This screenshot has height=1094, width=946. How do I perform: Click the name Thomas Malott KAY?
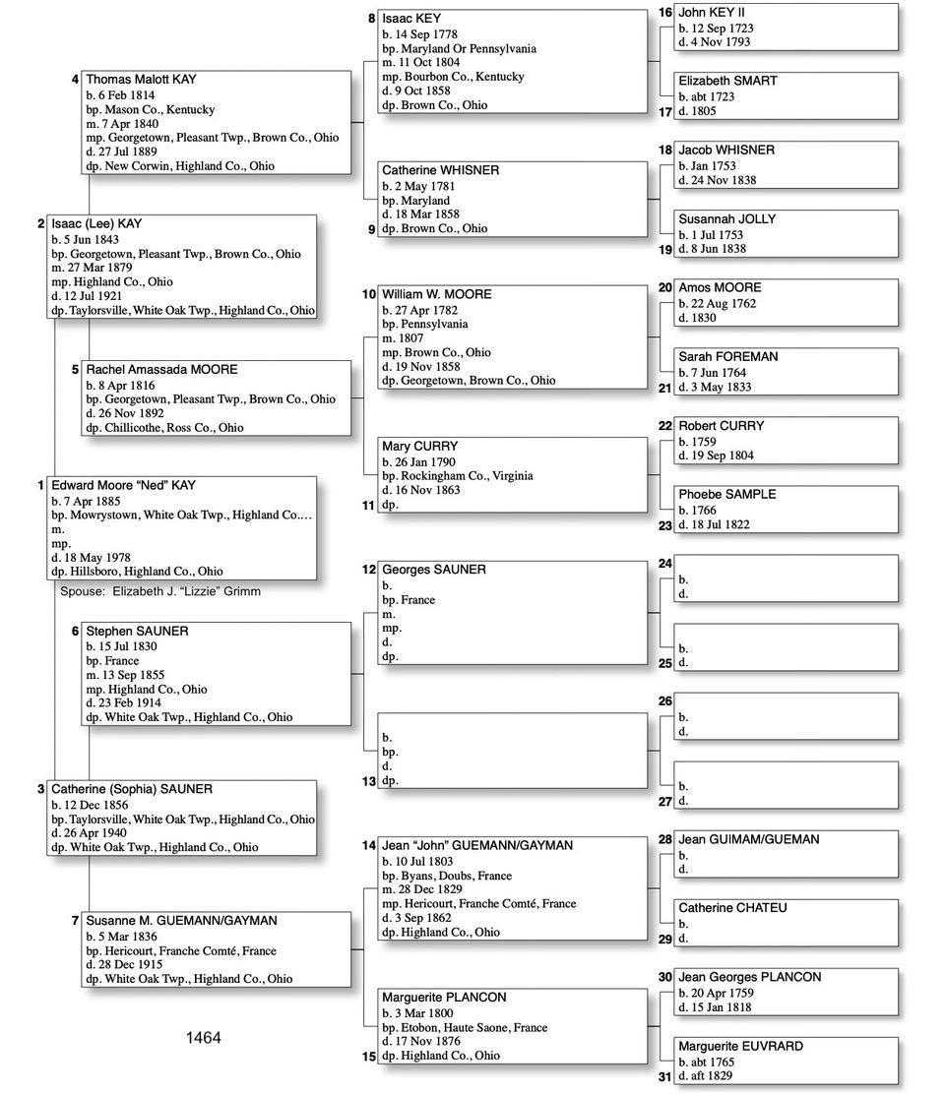coord(141,80)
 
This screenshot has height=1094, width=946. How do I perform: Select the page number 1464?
coord(203,1038)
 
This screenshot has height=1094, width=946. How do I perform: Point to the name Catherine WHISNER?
coord(440,170)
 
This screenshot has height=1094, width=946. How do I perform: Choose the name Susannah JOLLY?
coord(726,219)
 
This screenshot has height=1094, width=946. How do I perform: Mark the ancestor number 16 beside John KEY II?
coord(664,13)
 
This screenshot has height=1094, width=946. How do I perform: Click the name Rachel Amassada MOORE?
coord(161,370)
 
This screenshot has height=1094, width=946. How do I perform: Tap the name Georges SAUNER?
coord(433,570)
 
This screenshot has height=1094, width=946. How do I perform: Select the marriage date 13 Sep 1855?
coord(137,675)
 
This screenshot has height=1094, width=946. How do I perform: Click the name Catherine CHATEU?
coord(732,908)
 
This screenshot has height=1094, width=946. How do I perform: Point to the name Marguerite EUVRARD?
coord(740,1047)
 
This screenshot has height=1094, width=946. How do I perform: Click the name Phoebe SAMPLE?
coord(726,495)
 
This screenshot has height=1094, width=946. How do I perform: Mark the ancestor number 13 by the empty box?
coord(368,781)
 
